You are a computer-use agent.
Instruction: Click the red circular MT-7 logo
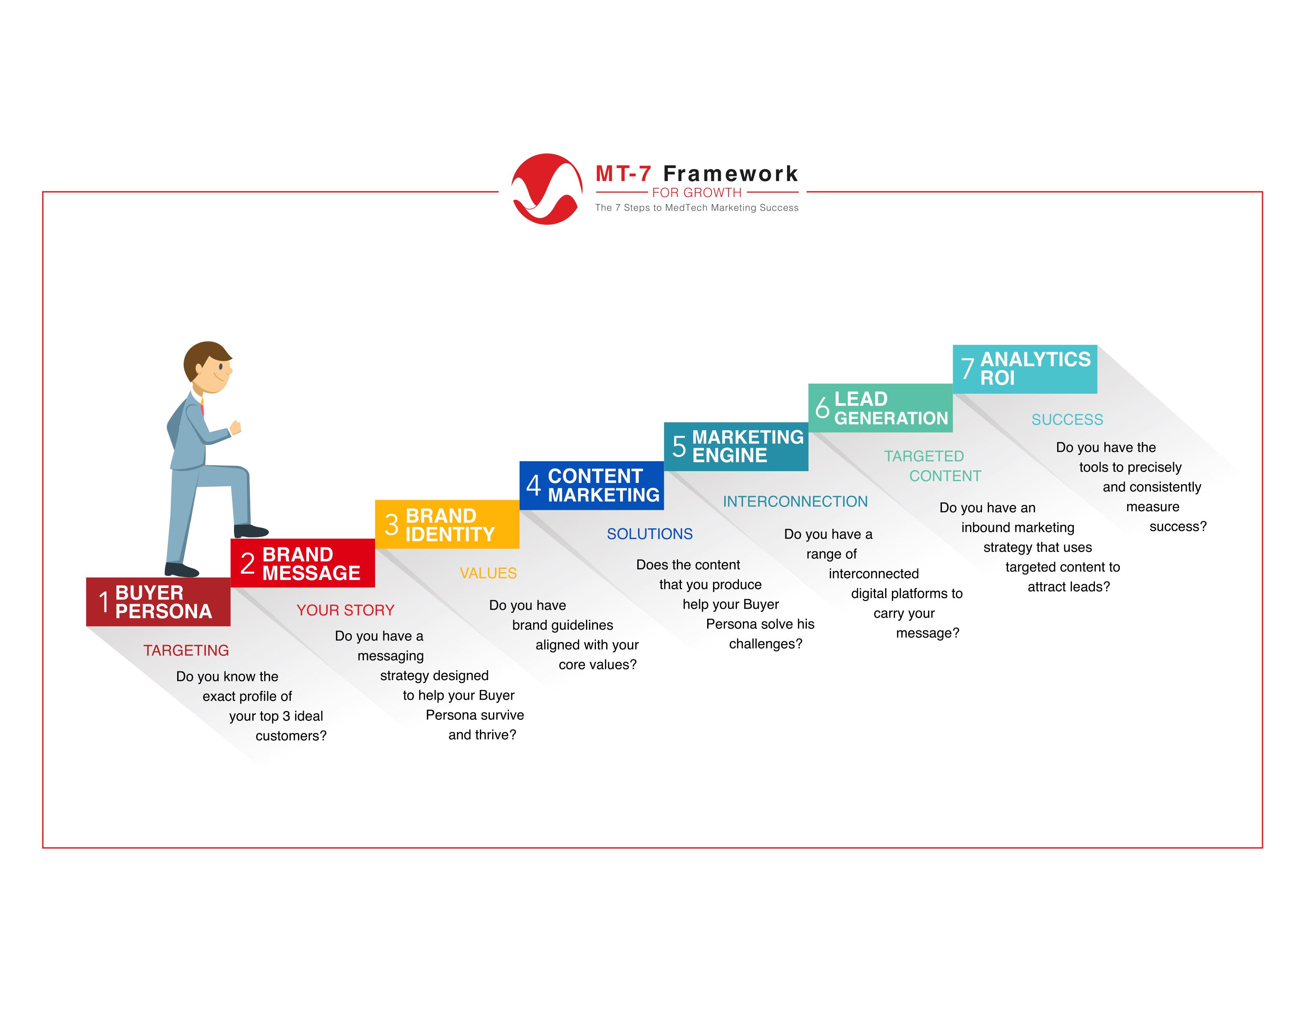click(x=546, y=189)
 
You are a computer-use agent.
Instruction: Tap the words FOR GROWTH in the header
click(x=696, y=193)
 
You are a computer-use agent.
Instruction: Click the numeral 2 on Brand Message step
click(x=248, y=564)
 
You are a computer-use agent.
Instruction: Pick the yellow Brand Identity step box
click(x=447, y=524)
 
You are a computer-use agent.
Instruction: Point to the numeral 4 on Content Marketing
click(x=533, y=485)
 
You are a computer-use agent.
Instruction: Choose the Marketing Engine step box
click(x=736, y=447)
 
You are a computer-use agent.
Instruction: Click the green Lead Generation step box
click(x=881, y=408)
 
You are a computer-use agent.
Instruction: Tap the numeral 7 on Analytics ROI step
click(x=967, y=369)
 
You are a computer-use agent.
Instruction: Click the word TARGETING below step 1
click(x=186, y=651)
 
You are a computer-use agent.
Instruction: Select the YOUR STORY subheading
click(x=345, y=610)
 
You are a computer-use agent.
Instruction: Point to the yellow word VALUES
click(x=488, y=573)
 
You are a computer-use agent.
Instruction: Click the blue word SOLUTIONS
click(x=650, y=534)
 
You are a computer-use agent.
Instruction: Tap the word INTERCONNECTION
click(x=795, y=502)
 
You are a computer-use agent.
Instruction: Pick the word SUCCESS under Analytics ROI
click(x=1067, y=420)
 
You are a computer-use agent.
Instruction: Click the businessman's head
click(x=208, y=367)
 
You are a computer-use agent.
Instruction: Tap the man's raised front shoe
click(x=251, y=530)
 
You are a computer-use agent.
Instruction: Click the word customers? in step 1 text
click(x=291, y=736)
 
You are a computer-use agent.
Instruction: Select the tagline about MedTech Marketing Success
click(x=697, y=208)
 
